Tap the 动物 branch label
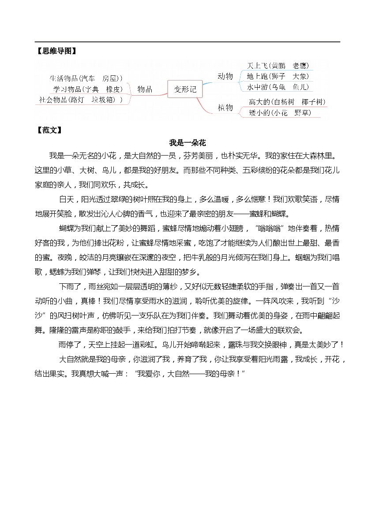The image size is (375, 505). point(225,76)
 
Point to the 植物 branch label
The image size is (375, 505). point(225,107)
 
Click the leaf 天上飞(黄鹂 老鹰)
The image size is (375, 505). point(277,66)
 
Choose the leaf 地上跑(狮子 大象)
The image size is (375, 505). point(278,76)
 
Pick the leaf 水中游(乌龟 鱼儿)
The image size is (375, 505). point(278,86)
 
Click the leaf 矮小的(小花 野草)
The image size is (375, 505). point(279,113)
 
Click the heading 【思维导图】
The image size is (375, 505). point(55,51)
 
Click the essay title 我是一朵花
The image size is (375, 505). point(187,143)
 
